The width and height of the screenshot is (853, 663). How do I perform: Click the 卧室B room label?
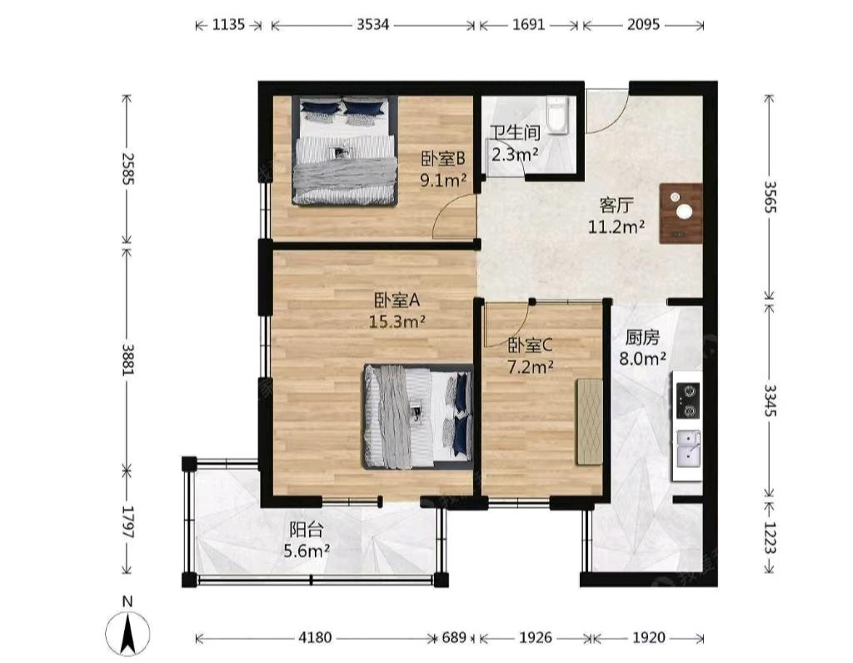[443, 159]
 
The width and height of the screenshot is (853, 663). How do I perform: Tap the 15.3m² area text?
[397, 322]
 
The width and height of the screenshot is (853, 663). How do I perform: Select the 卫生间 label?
[515, 132]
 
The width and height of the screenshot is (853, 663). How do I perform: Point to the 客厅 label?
[616, 205]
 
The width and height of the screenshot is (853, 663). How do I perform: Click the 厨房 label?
[642, 338]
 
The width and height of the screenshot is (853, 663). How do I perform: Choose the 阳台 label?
[307, 529]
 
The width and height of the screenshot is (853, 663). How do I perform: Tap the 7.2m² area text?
[531, 367]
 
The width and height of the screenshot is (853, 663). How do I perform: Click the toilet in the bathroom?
[556, 115]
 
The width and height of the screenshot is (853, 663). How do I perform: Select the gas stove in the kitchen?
[688, 401]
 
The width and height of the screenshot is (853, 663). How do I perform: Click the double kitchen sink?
[688, 448]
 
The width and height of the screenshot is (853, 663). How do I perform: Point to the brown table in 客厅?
[681, 213]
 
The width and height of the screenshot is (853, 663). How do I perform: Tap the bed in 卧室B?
[344, 151]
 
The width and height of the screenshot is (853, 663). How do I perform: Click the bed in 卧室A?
[418, 416]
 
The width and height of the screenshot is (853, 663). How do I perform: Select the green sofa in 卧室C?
[589, 422]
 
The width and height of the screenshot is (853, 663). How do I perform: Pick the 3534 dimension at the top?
[372, 24]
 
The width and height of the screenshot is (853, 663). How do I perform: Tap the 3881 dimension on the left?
[127, 360]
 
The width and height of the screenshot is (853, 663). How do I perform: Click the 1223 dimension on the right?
[769, 537]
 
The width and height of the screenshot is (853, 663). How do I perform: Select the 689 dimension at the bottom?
[454, 637]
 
